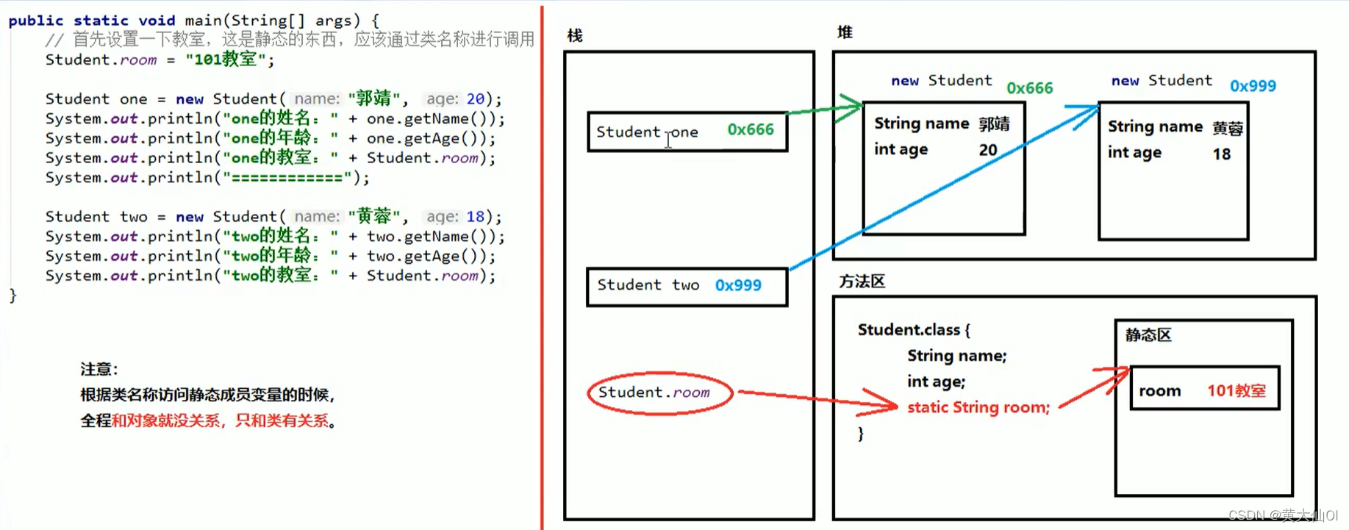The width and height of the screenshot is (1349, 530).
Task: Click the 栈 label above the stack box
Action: (575, 35)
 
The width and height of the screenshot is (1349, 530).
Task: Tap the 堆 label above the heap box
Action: (845, 32)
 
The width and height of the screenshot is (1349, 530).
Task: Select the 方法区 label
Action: (862, 282)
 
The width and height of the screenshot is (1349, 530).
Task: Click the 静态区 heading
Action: (1148, 335)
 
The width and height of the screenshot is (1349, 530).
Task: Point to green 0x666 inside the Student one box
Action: (750, 130)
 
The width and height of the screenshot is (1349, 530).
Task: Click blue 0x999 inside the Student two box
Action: (738, 285)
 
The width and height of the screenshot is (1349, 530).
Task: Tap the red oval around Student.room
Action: (659, 393)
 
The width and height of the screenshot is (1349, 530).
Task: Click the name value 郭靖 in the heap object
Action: (994, 124)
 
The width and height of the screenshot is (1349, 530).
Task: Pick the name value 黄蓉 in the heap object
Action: (1227, 129)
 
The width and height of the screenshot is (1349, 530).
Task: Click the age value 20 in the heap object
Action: (987, 150)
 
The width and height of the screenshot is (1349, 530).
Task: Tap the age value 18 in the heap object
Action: (1221, 154)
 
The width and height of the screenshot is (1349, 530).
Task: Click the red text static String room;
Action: (978, 407)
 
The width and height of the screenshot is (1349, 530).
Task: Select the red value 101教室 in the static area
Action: (1236, 391)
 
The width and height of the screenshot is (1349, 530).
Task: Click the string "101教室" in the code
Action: (225, 60)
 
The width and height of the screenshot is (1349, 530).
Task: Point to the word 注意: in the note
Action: (99, 369)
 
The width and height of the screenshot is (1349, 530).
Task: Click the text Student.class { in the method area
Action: (913, 330)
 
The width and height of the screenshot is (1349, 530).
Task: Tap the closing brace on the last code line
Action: (12, 296)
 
